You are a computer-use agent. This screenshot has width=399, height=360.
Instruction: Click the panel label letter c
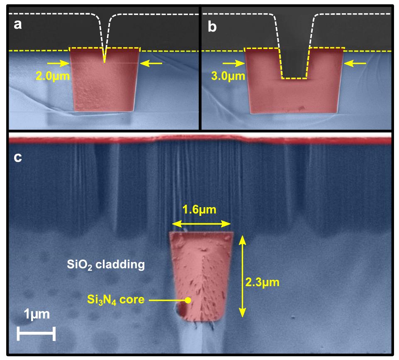coord(18,159)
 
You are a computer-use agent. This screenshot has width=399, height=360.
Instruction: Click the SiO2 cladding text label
coord(106,264)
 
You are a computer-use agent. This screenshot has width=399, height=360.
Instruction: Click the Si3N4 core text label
coord(116,299)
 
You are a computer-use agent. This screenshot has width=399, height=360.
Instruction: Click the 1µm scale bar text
coord(36,314)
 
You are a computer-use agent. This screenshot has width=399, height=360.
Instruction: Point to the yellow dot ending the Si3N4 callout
coord(188,300)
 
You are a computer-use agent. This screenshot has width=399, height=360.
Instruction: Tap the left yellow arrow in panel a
coord(57,64)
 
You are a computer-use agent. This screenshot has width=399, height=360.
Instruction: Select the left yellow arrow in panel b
coord(233,64)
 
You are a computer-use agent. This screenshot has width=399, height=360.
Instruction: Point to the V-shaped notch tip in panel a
coord(105,62)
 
